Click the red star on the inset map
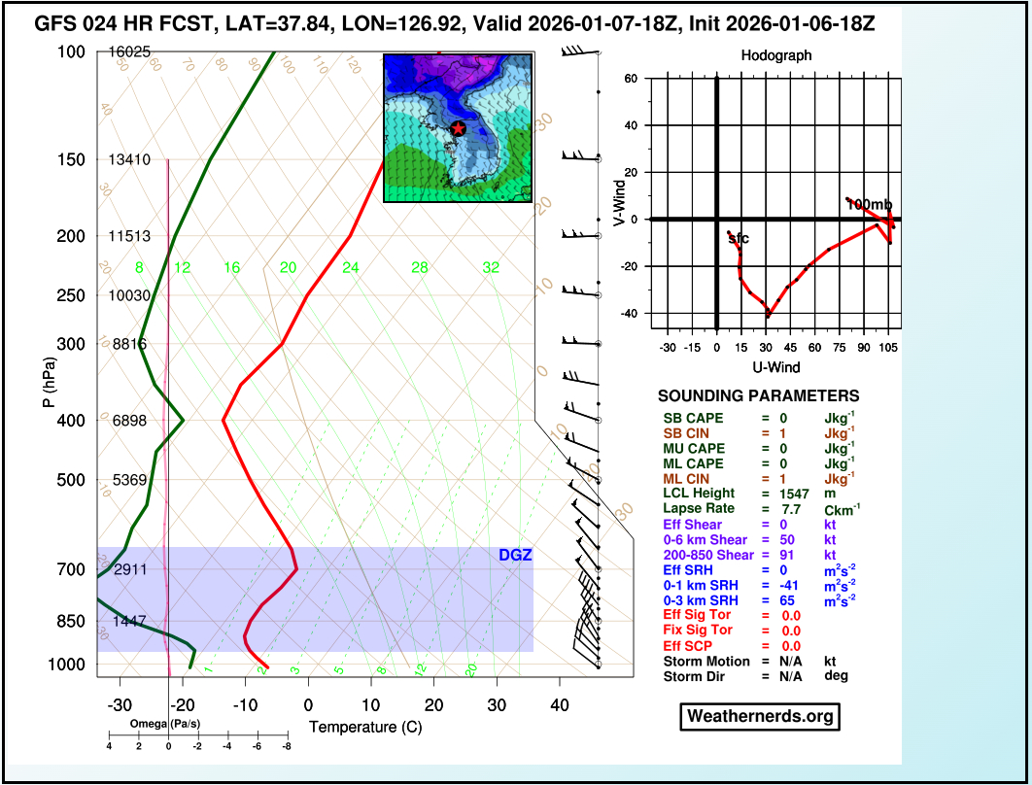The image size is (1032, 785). tap(459, 128)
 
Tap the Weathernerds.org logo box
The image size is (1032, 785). tap(759, 717)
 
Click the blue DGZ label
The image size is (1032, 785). tap(515, 556)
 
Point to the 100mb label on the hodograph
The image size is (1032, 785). tap(868, 204)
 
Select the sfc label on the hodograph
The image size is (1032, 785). tap(739, 238)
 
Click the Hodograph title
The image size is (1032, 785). tap(775, 56)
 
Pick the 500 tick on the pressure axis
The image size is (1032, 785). tap(72, 480)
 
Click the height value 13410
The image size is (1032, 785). tap(129, 159)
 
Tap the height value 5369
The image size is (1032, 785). tap(129, 480)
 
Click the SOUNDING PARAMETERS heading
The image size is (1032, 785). tap(758, 396)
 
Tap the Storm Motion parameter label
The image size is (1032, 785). tap(706, 661)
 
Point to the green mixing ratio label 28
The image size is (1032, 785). tap(419, 267)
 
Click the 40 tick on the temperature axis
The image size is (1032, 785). tap(559, 704)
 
